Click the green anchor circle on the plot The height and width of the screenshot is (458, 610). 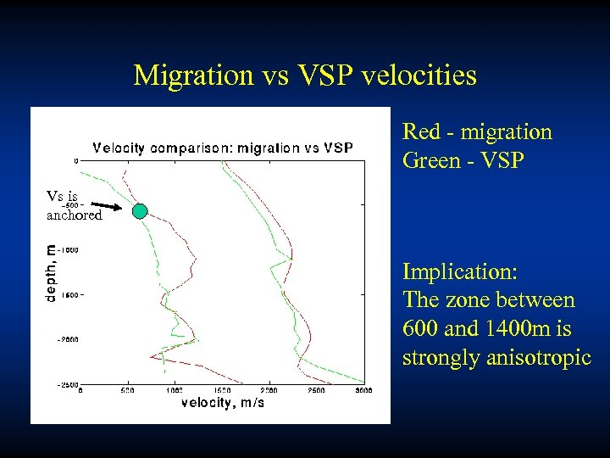coord(141,211)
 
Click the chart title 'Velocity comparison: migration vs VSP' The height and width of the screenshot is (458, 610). coord(223,148)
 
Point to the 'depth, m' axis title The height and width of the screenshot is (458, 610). coord(53,274)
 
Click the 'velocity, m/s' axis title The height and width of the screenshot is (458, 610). coord(223,403)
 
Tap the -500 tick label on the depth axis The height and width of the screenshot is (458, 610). coord(70,204)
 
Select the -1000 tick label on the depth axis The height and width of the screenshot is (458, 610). coord(68,250)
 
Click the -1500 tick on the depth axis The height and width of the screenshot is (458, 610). coord(68,295)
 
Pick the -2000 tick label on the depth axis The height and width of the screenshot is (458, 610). coord(68,339)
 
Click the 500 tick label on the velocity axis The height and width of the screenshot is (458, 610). coord(127,392)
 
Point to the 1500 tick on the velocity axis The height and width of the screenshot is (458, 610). coord(222,392)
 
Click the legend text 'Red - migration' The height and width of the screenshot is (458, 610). coord(477,132)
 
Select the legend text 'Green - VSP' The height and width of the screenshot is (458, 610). coord(463,159)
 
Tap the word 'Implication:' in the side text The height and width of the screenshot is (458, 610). coord(460,272)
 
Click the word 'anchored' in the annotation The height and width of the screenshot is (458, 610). coord(75,215)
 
